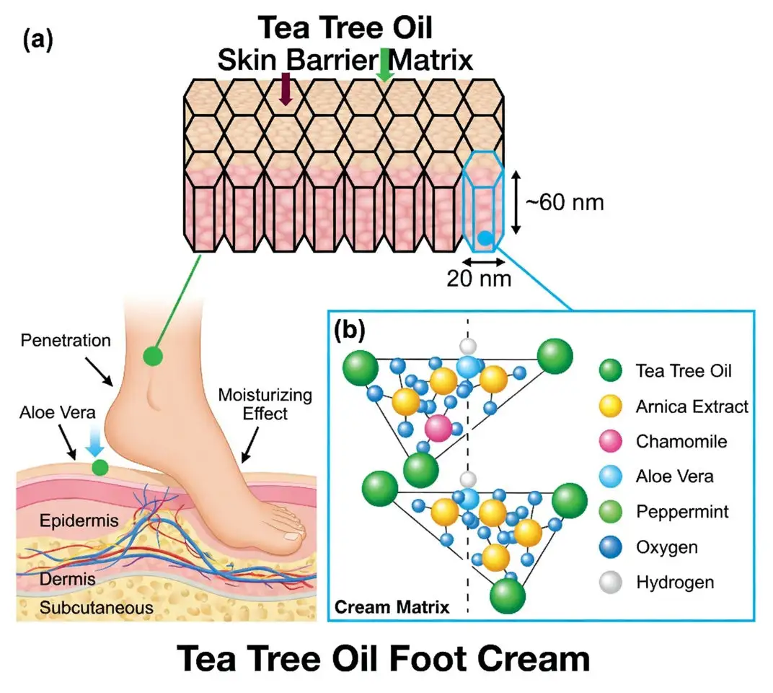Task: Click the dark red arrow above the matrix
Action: click(286, 89)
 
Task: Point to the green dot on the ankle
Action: click(152, 354)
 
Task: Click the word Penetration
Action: click(66, 339)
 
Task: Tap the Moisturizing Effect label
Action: click(265, 404)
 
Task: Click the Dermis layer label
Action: click(63, 579)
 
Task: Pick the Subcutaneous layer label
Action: click(96, 607)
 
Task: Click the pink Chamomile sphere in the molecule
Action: click(437, 427)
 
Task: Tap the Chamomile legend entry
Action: click(671, 441)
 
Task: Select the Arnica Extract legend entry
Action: click(692, 406)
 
